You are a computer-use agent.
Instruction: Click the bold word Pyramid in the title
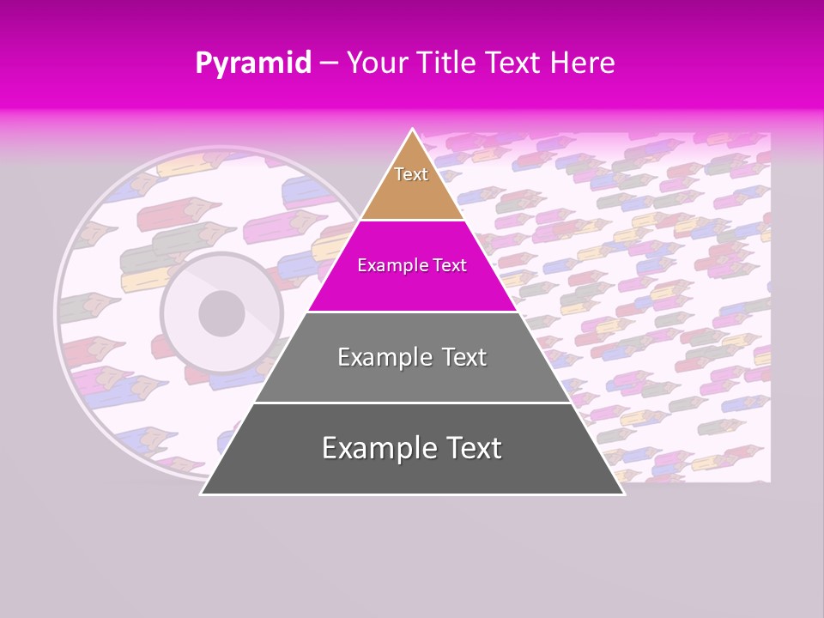click(x=252, y=63)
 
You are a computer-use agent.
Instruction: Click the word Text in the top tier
click(x=411, y=174)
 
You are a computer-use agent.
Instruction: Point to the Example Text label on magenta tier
click(x=412, y=265)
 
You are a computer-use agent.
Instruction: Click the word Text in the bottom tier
click(x=470, y=448)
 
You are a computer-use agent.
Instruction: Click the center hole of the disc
click(x=221, y=313)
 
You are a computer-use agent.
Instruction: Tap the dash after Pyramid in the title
click(x=329, y=64)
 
